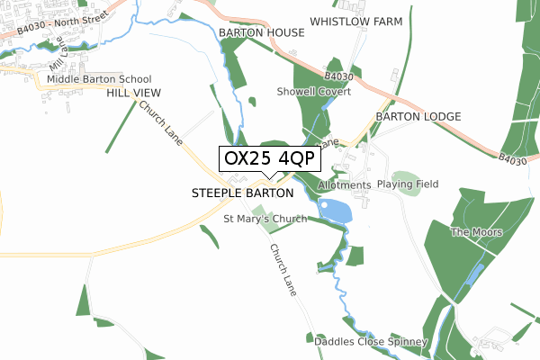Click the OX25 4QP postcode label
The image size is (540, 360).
pos(269,158)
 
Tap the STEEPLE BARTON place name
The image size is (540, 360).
pos(243,193)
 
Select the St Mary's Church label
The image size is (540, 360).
pos(265,218)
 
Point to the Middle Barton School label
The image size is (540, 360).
pos(100,79)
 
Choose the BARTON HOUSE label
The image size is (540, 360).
pos(262,32)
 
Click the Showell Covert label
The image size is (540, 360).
pos(314,92)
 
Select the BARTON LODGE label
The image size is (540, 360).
pos(418,117)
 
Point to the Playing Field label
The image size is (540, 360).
pos(408,184)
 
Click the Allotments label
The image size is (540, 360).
pos(345,185)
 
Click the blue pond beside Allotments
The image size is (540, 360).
pos(335,211)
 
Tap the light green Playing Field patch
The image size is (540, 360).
pos(407,183)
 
